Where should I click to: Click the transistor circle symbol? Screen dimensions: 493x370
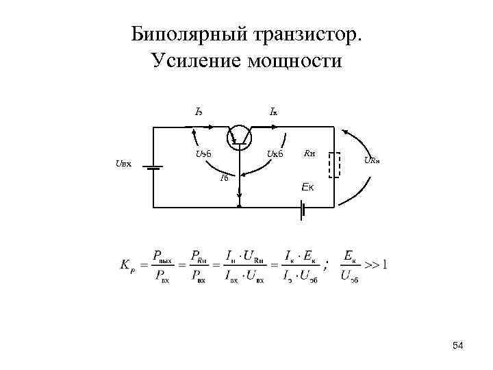240,136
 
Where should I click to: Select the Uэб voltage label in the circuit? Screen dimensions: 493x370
203,153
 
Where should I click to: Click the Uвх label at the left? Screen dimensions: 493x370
123,164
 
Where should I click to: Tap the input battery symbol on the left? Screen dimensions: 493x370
153,166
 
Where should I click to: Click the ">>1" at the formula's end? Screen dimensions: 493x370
375,264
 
